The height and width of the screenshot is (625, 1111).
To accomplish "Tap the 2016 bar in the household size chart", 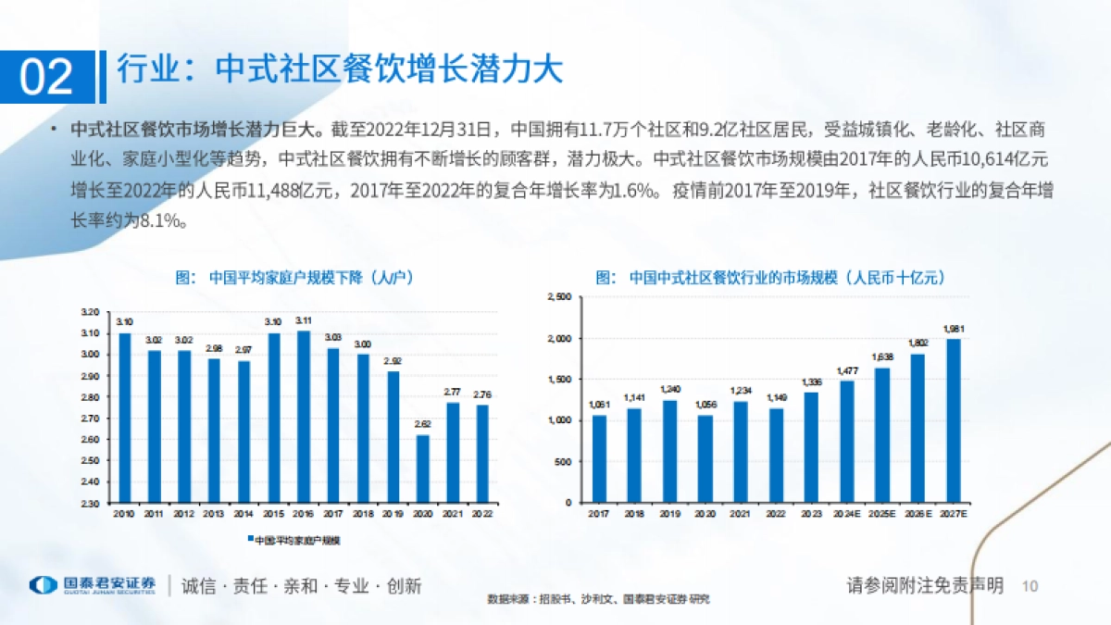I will coord(303,417).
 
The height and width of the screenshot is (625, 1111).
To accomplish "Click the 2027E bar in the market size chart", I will coord(953,420).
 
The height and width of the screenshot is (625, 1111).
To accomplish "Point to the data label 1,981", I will coord(953,329).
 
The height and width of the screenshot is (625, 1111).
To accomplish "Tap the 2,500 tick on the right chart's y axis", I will coord(561,297).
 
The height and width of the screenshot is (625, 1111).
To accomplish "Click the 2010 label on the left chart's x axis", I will coord(124,513).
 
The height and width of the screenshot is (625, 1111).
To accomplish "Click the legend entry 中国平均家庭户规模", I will coord(288,539).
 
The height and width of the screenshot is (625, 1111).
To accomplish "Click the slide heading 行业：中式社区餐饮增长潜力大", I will coord(341,71).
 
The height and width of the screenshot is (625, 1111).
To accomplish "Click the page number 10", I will coord(1030,586).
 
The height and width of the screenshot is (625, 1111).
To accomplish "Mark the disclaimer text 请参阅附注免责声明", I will coord(925,585).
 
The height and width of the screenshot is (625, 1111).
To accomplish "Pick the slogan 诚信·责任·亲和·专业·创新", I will coord(301,586).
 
